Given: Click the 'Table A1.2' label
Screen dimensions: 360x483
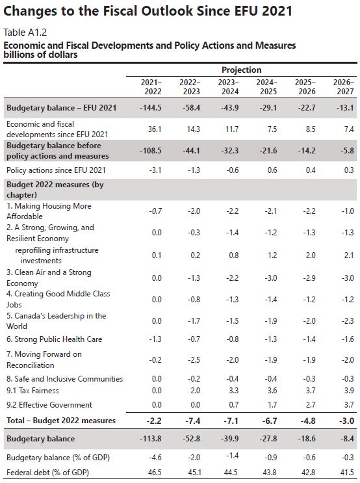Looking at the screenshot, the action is click(x=25, y=33).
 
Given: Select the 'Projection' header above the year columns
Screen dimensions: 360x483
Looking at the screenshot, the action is click(x=242, y=70).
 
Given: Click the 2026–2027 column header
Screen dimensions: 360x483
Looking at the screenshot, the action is click(x=343, y=87).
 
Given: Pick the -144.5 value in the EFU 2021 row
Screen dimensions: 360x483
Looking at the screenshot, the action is click(x=150, y=108).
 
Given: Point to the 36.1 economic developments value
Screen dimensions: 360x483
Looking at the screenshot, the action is click(x=154, y=129).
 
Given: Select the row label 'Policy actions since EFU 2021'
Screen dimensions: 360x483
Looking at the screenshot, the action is click(x=56, y=170).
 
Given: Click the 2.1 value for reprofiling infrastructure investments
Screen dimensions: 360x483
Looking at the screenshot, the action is click(x=348, y=255).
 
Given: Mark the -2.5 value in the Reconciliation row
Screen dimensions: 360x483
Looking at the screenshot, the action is click(x=194, y=359).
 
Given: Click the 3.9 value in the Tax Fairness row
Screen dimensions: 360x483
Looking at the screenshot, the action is click(x=348, y=391).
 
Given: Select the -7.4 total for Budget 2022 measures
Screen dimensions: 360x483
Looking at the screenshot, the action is click(x=193, y=421).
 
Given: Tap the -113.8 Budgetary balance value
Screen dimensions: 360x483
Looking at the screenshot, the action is click(x=150, y=439).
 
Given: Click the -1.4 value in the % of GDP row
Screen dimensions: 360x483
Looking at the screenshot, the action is click(x=232, y=456).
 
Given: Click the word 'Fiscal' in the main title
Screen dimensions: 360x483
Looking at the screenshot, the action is click(x=120, y=11).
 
